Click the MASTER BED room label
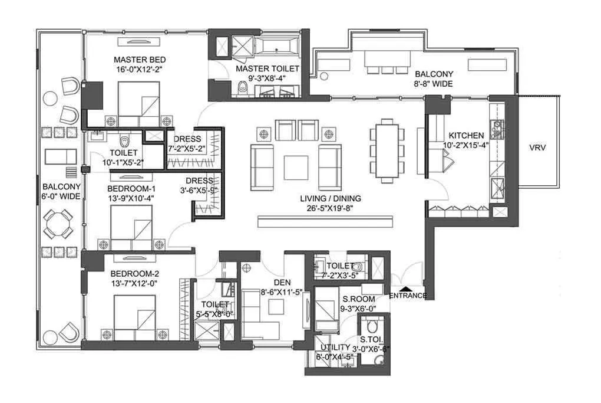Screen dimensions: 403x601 point(140,60)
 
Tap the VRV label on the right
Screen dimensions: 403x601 point(537,148)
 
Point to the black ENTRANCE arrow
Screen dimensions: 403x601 point(394,289)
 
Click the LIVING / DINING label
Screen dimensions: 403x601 point(330,199)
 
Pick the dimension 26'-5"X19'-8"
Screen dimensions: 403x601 point(330,208)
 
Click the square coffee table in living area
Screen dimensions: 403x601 point(296,167)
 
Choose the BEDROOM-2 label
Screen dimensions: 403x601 point(134,274)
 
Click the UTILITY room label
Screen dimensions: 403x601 point(333,348)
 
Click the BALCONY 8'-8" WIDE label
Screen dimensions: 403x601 point(434,79)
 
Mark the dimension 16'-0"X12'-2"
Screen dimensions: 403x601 point(140,68)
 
